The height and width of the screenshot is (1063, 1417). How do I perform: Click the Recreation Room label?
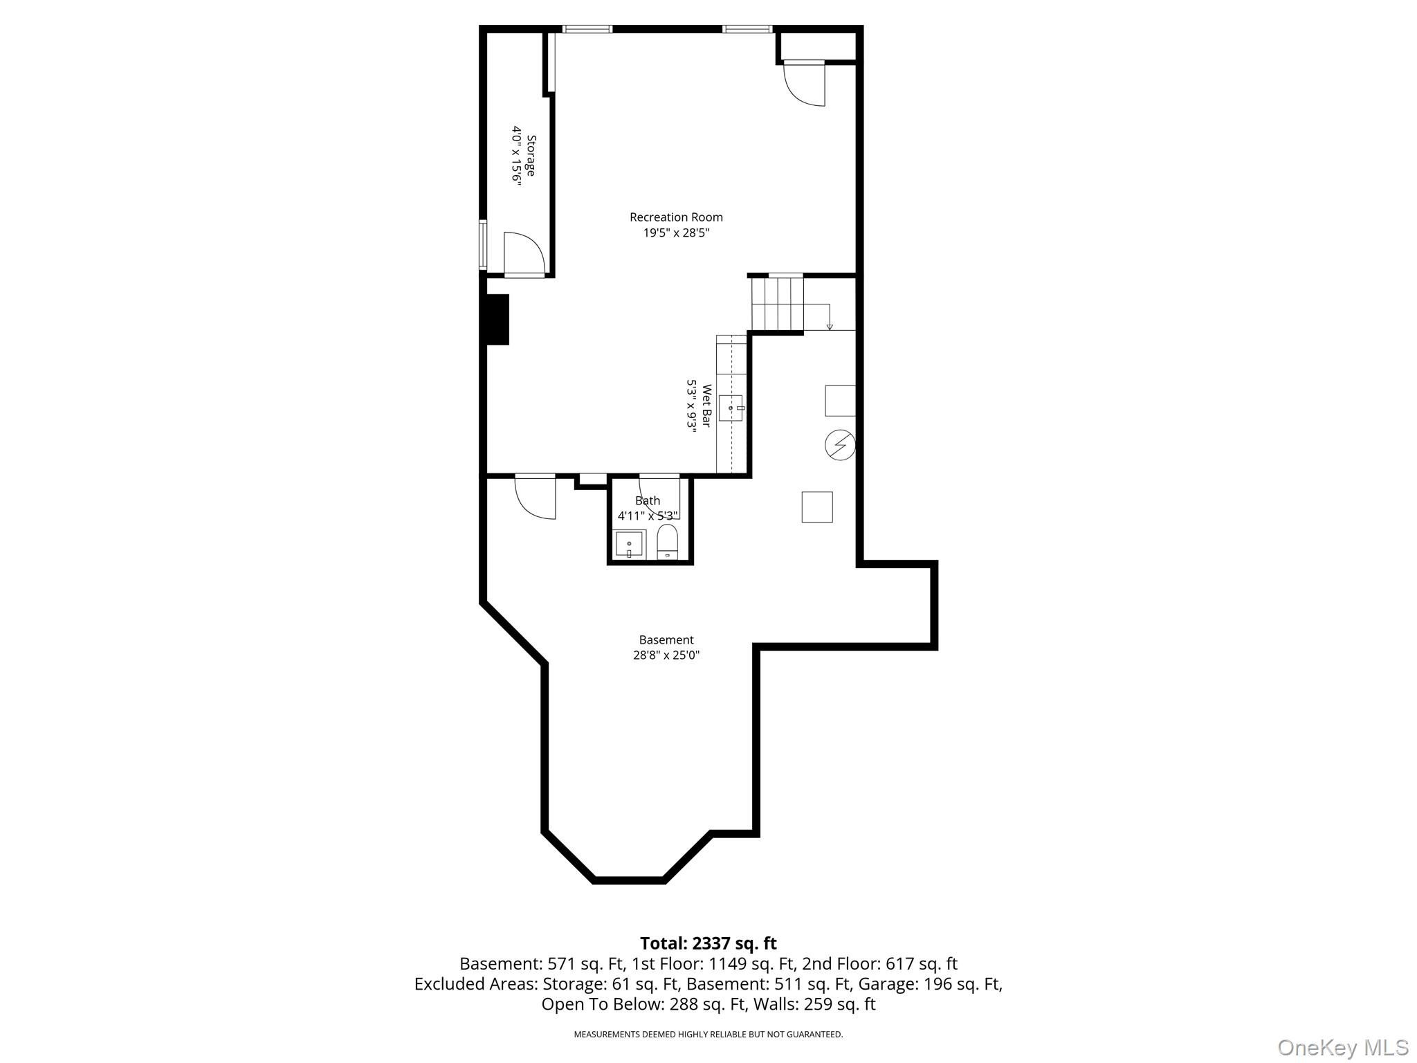coord(676,217)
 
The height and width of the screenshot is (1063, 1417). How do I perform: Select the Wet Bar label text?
coord(706,406)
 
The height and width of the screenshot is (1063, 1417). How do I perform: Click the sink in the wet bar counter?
coord(731,408)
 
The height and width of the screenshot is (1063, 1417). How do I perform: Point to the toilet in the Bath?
coord(667,541)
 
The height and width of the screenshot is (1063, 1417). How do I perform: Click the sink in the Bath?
coord(630,545)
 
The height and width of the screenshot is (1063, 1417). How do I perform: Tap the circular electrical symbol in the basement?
coord(840,445)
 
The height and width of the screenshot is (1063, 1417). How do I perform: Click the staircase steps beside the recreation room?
coord(778,303)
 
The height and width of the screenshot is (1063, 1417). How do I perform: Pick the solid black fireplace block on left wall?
coord(497,320)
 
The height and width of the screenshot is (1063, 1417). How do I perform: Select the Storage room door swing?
coord(524,254)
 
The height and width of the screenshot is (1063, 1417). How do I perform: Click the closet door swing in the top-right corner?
coord(805,84)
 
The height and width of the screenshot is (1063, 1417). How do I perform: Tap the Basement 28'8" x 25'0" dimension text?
coord(666,655)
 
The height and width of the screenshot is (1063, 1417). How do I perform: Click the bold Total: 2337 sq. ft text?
coord(708,943)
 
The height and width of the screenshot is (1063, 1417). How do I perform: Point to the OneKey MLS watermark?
coord(1343,1048)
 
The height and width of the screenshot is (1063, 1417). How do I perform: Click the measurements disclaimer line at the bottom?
coord(708,1035)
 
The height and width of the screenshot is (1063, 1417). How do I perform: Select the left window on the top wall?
coord(587,29)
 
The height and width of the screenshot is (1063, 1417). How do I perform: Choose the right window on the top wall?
coord(747,29)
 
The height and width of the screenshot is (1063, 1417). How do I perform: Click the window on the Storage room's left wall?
coord(483,245)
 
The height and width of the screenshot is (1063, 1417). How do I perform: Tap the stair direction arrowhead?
coord(830,327)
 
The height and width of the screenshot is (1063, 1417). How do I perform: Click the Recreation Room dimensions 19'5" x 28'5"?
coord(676,233)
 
